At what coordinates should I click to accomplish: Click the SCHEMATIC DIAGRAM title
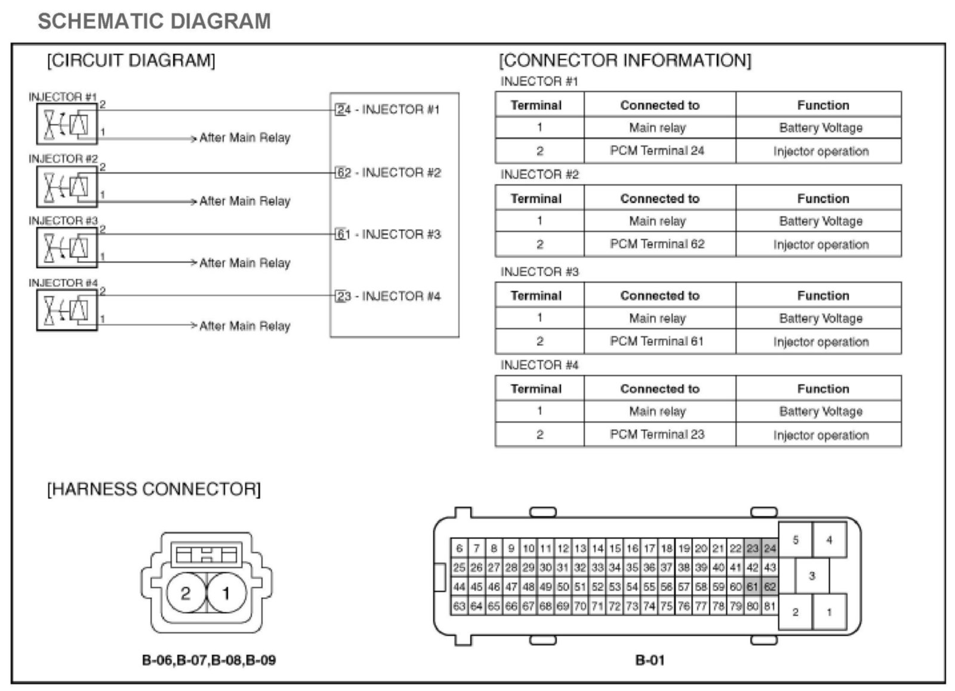[x=154, y=22]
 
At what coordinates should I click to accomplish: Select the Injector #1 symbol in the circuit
[x=66, y=124]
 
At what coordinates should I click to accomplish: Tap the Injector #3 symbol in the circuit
[x=66, y=247]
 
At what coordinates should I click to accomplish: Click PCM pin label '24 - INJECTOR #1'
[x=388, y=110]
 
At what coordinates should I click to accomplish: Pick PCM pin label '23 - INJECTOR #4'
[x=388, y=296]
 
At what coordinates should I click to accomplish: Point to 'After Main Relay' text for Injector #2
[x=245, y=201]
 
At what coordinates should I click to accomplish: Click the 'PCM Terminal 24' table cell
[x=657, y=151]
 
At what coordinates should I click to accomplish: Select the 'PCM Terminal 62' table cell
[x=657, y=244]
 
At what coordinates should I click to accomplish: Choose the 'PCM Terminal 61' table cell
[x=657, y=342]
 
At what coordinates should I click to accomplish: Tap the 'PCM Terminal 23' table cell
[x=657, y=435]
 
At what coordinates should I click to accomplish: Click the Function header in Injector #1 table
[x=822, y=105]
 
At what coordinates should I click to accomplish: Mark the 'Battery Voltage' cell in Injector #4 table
[x=821, y=411]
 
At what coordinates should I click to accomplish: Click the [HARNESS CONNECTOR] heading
[x=154, y=490]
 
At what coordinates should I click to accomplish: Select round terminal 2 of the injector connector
[x=185, y=594]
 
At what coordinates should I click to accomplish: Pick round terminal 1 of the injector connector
[x=226, y=594]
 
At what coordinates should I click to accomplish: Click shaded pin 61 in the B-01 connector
[x=752, y=587]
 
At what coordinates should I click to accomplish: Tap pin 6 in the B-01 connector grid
[x=459, y=548]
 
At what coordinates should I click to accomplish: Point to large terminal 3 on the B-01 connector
[x=812, y=576]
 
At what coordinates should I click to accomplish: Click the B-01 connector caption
[x=649, y=661]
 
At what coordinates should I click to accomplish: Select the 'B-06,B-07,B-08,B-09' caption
[x=209, y=661]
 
